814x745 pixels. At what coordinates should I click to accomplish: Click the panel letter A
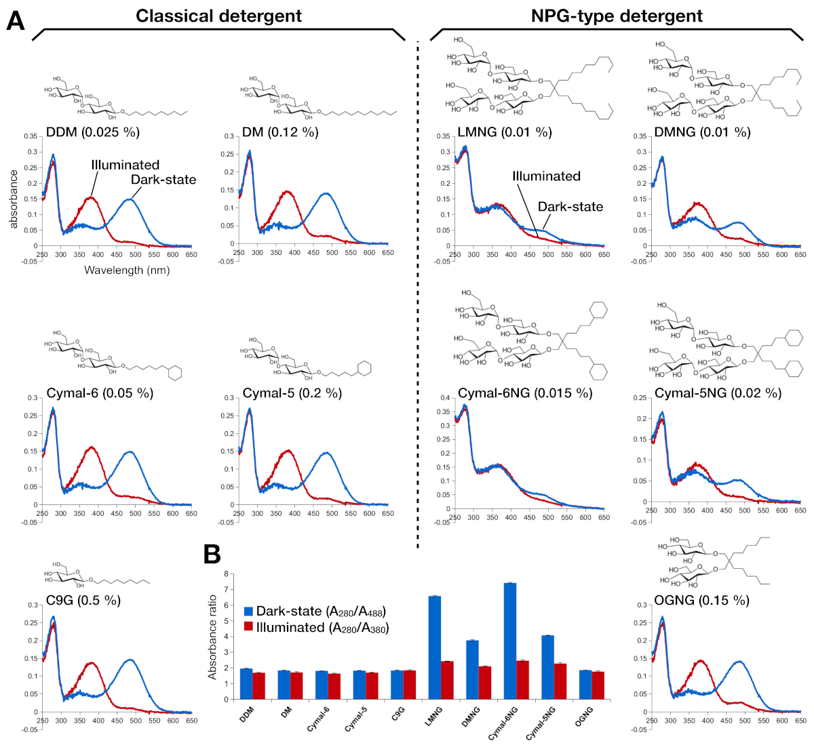click(x=16, y=21)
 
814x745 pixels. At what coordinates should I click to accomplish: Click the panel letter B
click(x=212, y=554)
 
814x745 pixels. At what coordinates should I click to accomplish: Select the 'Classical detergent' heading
click(x=218, y=16)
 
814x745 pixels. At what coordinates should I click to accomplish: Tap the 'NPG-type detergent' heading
click(x=617, y=16)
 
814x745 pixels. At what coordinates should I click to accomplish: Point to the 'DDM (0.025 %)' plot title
click(x=93, y=132)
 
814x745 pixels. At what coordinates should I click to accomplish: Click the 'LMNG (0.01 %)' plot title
click(x=505, y=132)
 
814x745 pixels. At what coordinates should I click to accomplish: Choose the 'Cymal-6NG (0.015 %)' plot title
click(x=525, y=393)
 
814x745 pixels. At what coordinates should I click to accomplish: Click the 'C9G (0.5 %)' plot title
click(x=83, y=601)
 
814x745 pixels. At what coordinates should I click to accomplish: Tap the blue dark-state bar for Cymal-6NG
click(x=510, y=641)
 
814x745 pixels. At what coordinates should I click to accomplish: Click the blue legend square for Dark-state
click(x=248, y=611)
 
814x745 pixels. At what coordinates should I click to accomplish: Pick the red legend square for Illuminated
click(x=248, y=627)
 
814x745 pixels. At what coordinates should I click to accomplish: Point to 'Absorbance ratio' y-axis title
click(x=212, y=637)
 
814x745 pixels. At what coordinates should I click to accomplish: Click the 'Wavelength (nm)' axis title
click(x=127, y=270)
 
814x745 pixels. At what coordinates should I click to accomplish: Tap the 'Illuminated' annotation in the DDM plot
click(x=125, y=165)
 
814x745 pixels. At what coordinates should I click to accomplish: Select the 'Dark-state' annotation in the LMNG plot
click(x=570, y=207)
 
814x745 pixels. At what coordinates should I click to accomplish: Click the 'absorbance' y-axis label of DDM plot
click(x=14, y=199)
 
